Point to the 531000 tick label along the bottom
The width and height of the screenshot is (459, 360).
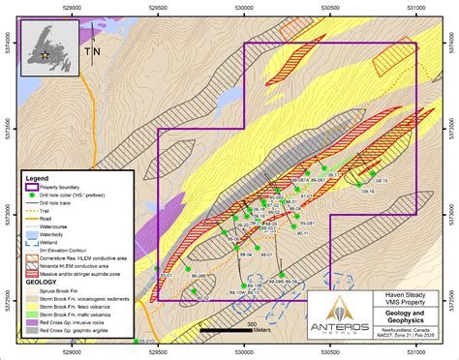coord(416,354)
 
